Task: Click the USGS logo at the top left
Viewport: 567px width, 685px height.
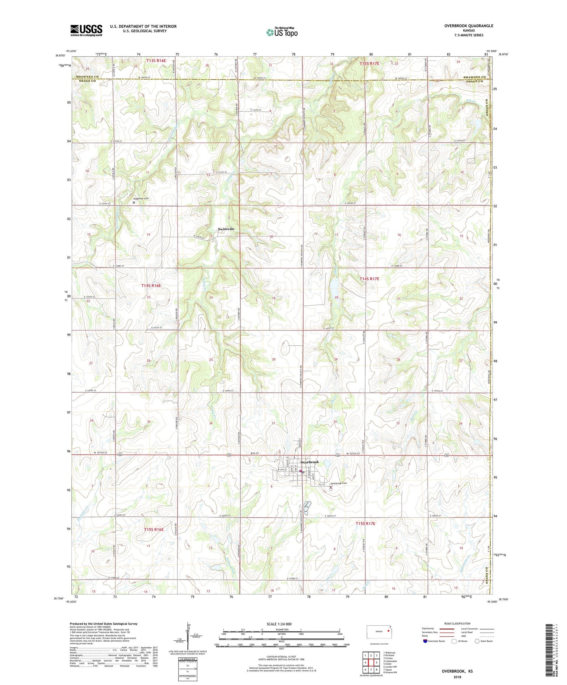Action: [86, 30]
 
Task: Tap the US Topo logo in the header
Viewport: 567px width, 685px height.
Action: [281, 32]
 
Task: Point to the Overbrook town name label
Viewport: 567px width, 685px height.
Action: [310, 462]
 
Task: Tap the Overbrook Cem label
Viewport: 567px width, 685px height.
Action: [339, 483]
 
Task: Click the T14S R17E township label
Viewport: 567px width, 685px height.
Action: [369, 278]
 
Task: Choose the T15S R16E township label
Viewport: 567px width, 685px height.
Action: [154, 529]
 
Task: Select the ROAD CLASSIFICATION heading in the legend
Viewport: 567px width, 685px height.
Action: [457, 623]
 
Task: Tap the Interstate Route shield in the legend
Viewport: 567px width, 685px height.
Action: [425, 641]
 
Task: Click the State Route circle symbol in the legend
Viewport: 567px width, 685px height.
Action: [477, 641]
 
